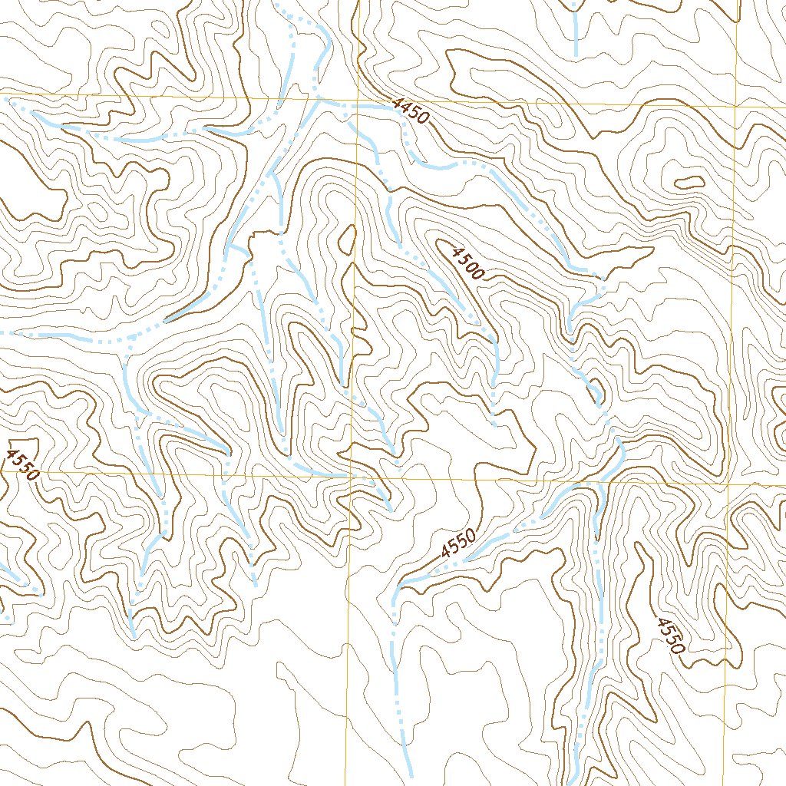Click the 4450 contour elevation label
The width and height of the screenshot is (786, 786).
[408, 112]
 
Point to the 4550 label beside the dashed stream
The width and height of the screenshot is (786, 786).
[459, 543]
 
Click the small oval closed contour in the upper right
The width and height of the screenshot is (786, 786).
[689, 183]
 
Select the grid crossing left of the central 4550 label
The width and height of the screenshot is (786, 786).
[349, 477]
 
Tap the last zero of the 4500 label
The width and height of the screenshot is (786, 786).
[479, 274]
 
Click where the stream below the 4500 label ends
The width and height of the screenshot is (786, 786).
[494, 424]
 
